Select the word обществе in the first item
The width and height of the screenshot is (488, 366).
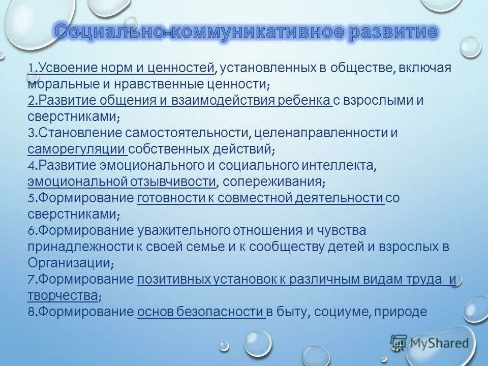360,68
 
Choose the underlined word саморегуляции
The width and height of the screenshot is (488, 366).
77,149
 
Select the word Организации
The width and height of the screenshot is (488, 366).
69,263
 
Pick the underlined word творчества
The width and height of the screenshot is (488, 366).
62,296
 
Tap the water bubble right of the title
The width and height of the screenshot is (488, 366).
470,47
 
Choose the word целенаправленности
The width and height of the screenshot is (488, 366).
320,133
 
